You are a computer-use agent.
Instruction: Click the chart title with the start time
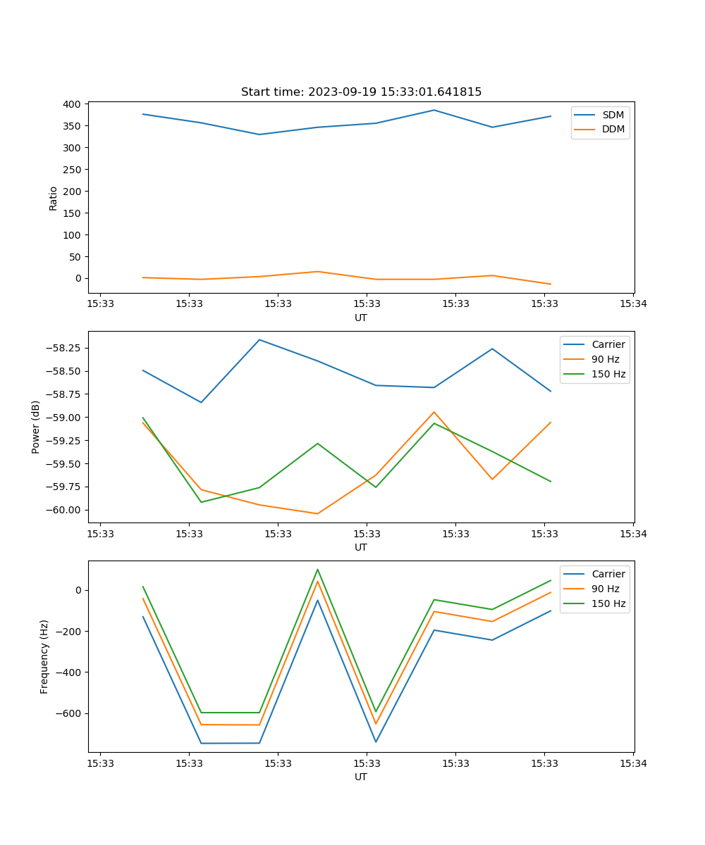click(x=361, y=92)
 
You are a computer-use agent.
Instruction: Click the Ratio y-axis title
click(x=54, y=199)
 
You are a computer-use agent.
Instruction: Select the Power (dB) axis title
click(x=36, y=427)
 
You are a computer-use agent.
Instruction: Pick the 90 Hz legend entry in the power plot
click(x=605, y=359)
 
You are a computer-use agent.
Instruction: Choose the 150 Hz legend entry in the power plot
click(x=608, y=374)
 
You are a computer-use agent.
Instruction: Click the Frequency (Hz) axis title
click(x=44, y=656)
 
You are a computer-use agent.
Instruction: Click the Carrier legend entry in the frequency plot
click(x=608, y=574)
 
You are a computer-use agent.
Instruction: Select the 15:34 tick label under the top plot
click(x=633, y=304)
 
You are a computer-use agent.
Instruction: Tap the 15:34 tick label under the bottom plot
click(x=633, y=763)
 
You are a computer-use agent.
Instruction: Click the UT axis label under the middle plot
click(x=361, y=547)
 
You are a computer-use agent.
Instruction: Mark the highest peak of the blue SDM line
click(x=434, y=110)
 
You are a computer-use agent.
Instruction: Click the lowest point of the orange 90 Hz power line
click(x=317, y=513)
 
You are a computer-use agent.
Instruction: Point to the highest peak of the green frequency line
click(x=317, y=569)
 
